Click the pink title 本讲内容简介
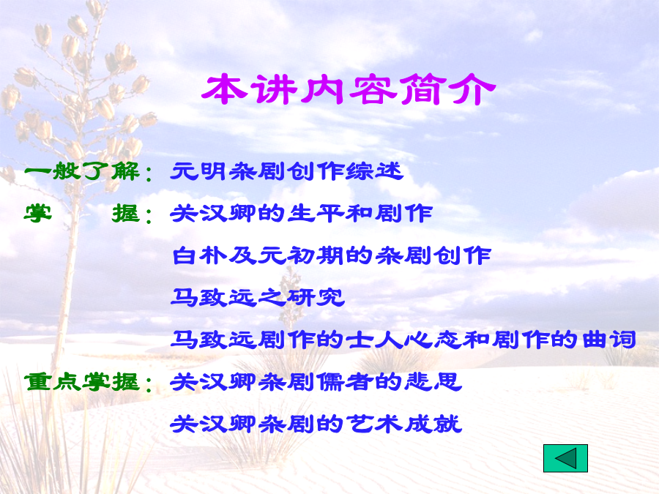click(349, 89)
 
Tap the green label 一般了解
click(81, 171)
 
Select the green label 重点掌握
click(81, 382)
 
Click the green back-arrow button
click(565, 458)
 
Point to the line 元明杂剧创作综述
click(286, 171)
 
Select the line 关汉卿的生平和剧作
click(302, 214)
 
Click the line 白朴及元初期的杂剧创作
click(331, 255)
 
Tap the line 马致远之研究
click(258, 297)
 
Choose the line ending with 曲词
click(403, 340)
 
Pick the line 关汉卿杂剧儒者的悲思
click(316, 382)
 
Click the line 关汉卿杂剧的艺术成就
click(316, 424)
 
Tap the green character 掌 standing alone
click(38, 214)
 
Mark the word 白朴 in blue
click(200, 255)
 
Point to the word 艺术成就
click(403, 424)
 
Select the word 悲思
click(433, 382)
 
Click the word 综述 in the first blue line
click(374, 171)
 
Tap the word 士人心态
click(403, 340)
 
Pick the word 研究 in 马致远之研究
click(316, 297)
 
